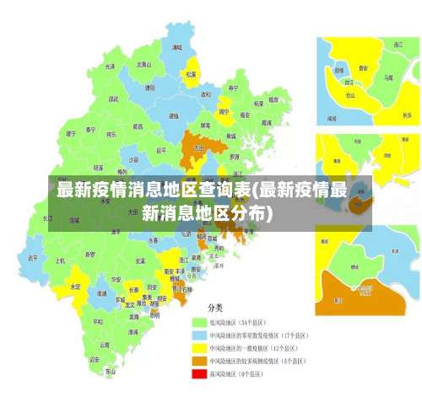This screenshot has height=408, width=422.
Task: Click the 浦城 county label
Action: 176,48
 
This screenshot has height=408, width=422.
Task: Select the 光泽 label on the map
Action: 110,66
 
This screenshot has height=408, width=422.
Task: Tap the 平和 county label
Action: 99,320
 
